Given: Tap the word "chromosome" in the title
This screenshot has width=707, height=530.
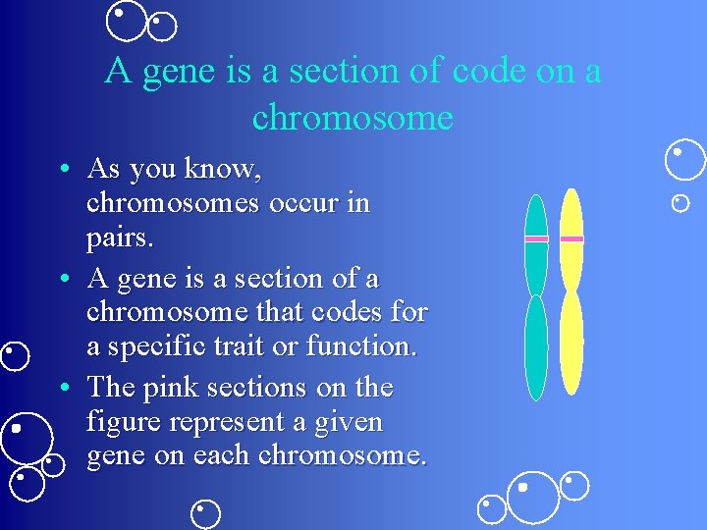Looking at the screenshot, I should [353, 117].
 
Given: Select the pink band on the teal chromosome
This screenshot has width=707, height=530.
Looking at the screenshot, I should [536, 238].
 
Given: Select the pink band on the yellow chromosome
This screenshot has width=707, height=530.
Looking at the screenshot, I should [571, 238].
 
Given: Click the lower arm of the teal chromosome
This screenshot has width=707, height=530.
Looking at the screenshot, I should [535, 348].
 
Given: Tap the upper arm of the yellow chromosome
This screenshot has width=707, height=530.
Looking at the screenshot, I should [571, 211].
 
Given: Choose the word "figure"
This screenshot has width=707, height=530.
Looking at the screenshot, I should [118, 423].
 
